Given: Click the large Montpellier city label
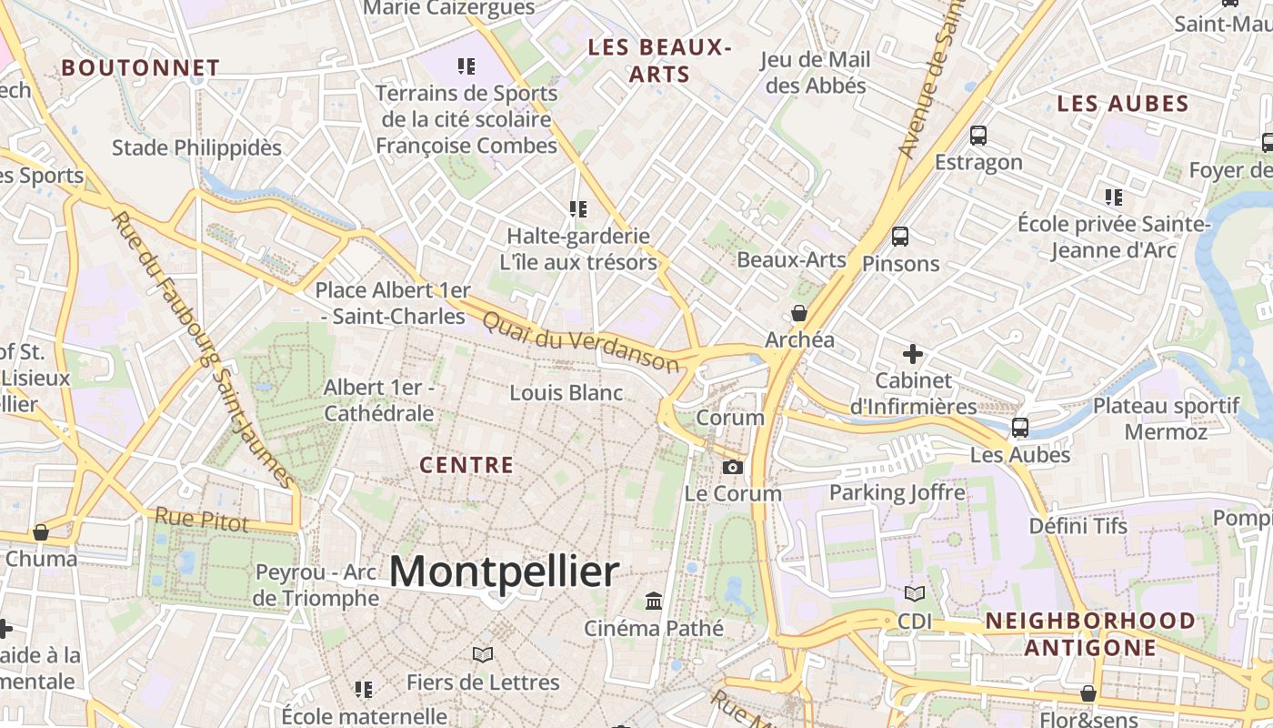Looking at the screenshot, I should coord(504,572).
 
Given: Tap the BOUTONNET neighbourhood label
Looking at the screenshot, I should coord(140,67).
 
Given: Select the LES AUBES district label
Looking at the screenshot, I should coord(1123,104).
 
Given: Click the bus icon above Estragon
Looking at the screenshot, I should coord(978,136).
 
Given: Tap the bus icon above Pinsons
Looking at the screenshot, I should coord(900,237).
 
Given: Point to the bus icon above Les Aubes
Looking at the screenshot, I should coord(1020,427).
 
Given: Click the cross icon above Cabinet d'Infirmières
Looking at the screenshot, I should coord(913,353).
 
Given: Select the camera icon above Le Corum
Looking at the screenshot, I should coord(732,467).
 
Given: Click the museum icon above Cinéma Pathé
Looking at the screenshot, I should coord(654,601).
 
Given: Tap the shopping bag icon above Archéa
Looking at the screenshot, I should coord(799,313).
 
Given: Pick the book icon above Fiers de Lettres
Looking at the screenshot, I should coord(483,654).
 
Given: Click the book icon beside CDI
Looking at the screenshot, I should coord(914,593).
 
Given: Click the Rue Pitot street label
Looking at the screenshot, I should coord(201,520).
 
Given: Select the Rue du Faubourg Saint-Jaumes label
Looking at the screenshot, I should coord(204,350).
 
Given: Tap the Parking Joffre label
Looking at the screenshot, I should coord(897,492).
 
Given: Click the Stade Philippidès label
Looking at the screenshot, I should coord(196,147).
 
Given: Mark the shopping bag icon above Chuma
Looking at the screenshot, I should coord(40,532).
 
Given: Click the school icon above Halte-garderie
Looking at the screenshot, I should coord(577,209).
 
